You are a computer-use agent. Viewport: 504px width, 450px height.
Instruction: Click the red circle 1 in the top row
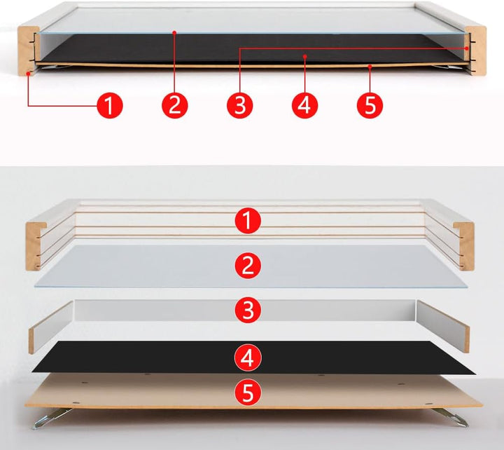pos(110,106)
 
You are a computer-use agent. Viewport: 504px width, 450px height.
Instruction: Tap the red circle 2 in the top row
pos(175,106)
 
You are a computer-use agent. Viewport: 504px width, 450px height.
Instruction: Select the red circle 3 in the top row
pos(240,106)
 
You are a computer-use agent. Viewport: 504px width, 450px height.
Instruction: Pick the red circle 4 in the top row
pos(304,106)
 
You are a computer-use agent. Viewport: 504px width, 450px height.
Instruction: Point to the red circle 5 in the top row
pos(370,106)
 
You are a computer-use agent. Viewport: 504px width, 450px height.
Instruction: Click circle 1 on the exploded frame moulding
pos(248,221)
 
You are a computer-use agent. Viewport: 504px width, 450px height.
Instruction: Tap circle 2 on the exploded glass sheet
pos(248,266)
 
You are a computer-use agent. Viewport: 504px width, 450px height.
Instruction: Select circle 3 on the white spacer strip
pos(248,310)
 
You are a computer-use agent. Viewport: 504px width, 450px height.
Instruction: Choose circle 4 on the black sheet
pos(248,357)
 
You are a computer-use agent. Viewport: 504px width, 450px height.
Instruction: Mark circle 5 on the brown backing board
pos(248,393)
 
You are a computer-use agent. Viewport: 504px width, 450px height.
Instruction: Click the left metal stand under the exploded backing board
pos(51,418)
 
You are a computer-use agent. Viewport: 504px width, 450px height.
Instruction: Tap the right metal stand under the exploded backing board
pos(451,418)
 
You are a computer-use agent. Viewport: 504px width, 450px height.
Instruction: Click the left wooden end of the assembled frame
pos(27,51)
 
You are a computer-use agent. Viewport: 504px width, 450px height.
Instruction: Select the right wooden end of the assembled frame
pos(477,51)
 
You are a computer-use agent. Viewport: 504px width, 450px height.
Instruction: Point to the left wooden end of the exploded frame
pos(34,246)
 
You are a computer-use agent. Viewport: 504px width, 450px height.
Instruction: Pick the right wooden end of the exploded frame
pos(465,246)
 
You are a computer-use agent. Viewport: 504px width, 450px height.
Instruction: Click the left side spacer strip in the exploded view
pos(51,327)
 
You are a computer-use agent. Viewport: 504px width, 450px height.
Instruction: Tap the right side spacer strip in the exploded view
pos(443,326)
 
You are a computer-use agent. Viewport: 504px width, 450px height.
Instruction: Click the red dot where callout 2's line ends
pos(174,32)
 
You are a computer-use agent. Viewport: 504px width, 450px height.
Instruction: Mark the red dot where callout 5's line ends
pos(370,67)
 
